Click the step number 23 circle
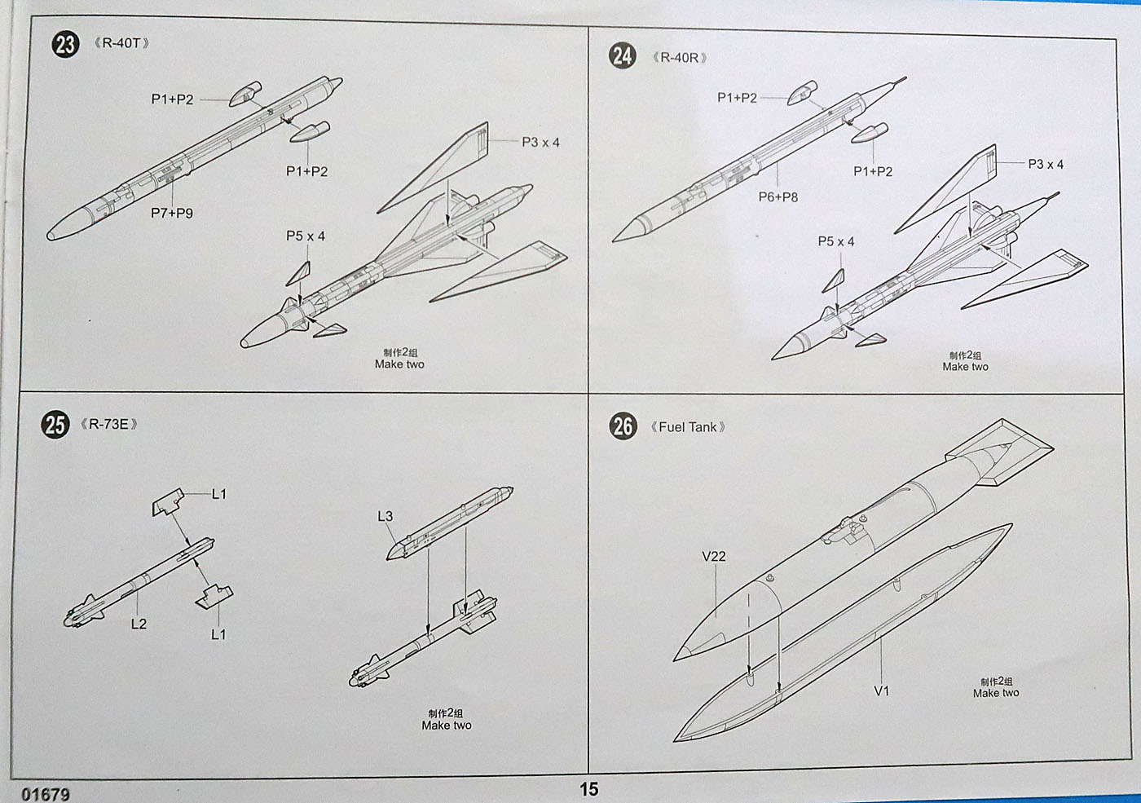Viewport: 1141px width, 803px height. [x=65, y=44]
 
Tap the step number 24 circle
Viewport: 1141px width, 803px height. [x=622, y=56]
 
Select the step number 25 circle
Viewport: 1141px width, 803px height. [x=55, y=424]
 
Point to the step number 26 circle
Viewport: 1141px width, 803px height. [x=623, y=426]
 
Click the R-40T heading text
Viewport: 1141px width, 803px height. [x=121, y=43]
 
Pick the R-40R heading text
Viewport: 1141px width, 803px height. [x=680, y=58]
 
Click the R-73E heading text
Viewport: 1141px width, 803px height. [x=108, y=424]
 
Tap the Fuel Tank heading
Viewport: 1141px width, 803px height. [x=688, y=427]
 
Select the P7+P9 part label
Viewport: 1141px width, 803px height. [x=172, y=213]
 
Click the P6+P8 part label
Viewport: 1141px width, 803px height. [x=778, y=196]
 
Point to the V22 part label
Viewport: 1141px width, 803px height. [x=713, y=557]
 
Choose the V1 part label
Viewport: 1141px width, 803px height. [x=882, y=691]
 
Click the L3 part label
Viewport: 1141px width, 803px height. [x=385, y=516]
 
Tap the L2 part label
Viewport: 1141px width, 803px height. [x=139, y=624]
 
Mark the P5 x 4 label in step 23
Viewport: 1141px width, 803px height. [x=306, y=236]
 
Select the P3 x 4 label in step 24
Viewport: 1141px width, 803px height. [x=1046, y=164]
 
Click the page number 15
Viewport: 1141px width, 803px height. [x=588, y=789]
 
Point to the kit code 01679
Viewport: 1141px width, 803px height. [x=46, y=794]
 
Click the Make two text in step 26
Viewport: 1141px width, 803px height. [x=996, y=693]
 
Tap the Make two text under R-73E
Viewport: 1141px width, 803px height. [x=447, y=725]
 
